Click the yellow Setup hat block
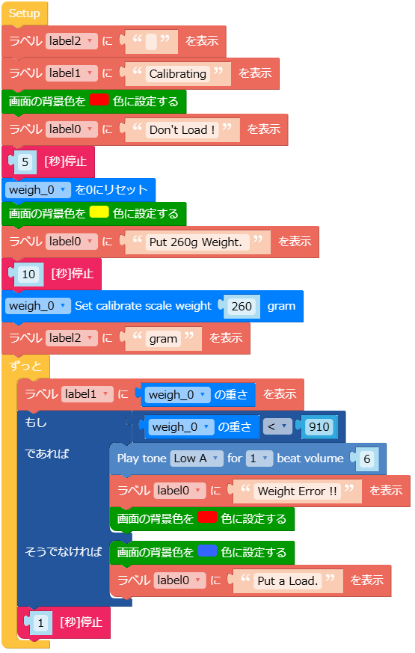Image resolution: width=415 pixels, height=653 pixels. (25, 13)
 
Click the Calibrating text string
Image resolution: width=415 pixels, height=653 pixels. (178, 74)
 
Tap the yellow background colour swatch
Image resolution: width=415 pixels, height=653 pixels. (99, 212)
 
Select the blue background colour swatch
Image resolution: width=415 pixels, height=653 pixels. (207, 551)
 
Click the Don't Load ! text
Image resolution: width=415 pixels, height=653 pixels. (182, 130)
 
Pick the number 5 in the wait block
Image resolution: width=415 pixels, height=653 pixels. (25, 162)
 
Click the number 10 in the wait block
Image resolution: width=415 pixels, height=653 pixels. (28, 274)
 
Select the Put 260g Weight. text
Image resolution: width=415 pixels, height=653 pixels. (196, 242)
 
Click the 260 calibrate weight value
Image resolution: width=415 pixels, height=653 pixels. (242, 307)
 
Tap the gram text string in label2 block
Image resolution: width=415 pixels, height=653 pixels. (163, 339)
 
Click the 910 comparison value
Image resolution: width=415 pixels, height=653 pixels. (319, 427)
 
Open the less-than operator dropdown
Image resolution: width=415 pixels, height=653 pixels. (277, 426)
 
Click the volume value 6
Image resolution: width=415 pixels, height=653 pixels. (366, 459)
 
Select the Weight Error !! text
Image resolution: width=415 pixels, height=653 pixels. (297, 491)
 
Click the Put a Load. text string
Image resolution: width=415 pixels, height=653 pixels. (288, 581)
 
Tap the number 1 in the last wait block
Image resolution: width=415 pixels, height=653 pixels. (41, 623)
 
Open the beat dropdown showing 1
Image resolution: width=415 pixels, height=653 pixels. (259, 459)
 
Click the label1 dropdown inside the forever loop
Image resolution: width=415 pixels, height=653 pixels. (87, 394)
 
